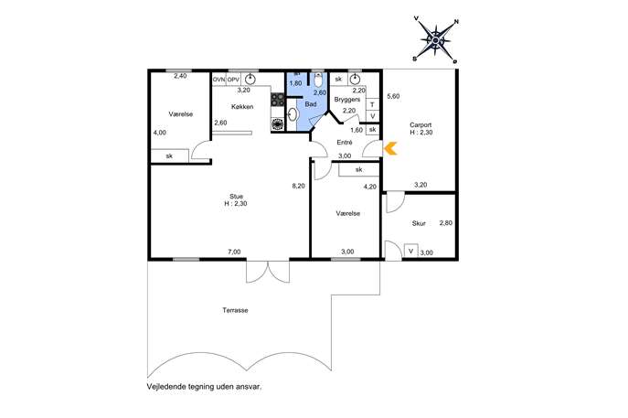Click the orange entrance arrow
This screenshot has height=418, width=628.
coord(390,148)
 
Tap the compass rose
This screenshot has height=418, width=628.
coord(435,40)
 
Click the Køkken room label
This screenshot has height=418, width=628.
coord(242,107)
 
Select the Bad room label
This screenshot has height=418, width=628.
coord(311,103)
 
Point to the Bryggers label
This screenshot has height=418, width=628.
coord(347,100)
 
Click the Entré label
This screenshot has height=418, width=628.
coord(345,143)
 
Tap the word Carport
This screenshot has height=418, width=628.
coord(420,125)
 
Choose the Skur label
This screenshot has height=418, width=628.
coord(419,223)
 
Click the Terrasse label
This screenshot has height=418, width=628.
coord(235,310)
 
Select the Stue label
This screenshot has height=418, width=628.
coord(236,197)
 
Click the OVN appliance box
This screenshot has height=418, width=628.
coord(219,80)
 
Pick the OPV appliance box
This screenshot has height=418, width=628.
coord(233,80)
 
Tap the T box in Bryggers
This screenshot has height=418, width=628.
coord(372,104)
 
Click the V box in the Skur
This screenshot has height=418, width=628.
coord(411,252)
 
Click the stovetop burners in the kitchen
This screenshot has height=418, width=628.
coord(278,100)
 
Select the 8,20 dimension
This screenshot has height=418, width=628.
coord(298,186)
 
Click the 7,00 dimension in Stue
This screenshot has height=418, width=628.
coord(234,252)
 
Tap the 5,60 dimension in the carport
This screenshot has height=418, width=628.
coord(393,96)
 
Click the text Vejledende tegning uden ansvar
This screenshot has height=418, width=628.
coord(204,387)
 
